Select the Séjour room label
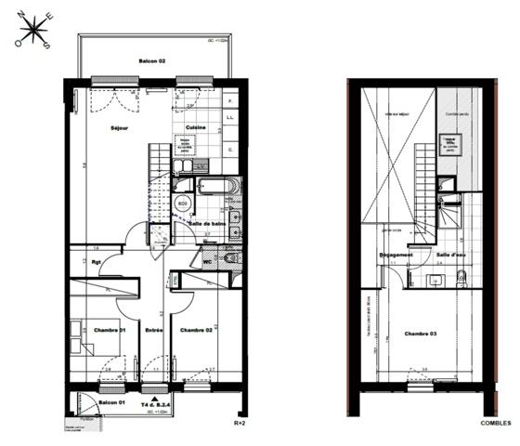119,128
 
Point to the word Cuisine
195,127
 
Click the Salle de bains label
208,224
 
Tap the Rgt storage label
97,262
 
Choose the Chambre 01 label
109,330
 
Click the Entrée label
154,330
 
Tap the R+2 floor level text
239,423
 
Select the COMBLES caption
495,423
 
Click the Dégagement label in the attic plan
396,254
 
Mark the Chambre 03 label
421,334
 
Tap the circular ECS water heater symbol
183,203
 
